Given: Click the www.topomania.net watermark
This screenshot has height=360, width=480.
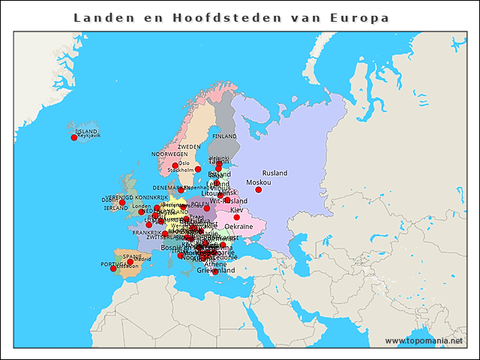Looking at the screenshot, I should click(424, 340).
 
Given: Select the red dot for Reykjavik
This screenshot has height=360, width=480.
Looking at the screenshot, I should click(73, 137).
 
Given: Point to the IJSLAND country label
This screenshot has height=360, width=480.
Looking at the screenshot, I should click(86, 131).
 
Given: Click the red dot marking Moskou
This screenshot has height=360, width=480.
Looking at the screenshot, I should click(258, 190).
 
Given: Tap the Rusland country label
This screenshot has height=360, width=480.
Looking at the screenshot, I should click(274, 173).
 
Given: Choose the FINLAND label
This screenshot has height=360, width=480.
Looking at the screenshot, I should click(224, 136).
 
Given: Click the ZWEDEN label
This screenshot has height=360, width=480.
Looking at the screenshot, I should click(189, 147).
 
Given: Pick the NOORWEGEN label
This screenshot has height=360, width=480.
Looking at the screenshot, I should click(169, 154).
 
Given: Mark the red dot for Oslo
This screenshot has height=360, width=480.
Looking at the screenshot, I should click(175, 166).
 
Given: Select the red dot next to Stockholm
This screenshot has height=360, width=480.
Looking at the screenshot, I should click(198, 169).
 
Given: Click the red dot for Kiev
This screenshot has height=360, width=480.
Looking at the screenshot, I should click(237, 217).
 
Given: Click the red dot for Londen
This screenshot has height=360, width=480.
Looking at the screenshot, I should click(141, 212).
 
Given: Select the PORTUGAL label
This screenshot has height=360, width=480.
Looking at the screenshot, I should click(113, 264).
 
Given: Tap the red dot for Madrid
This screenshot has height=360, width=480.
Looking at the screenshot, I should click(130, 262).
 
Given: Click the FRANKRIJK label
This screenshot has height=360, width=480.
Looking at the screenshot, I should click(147, 232).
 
